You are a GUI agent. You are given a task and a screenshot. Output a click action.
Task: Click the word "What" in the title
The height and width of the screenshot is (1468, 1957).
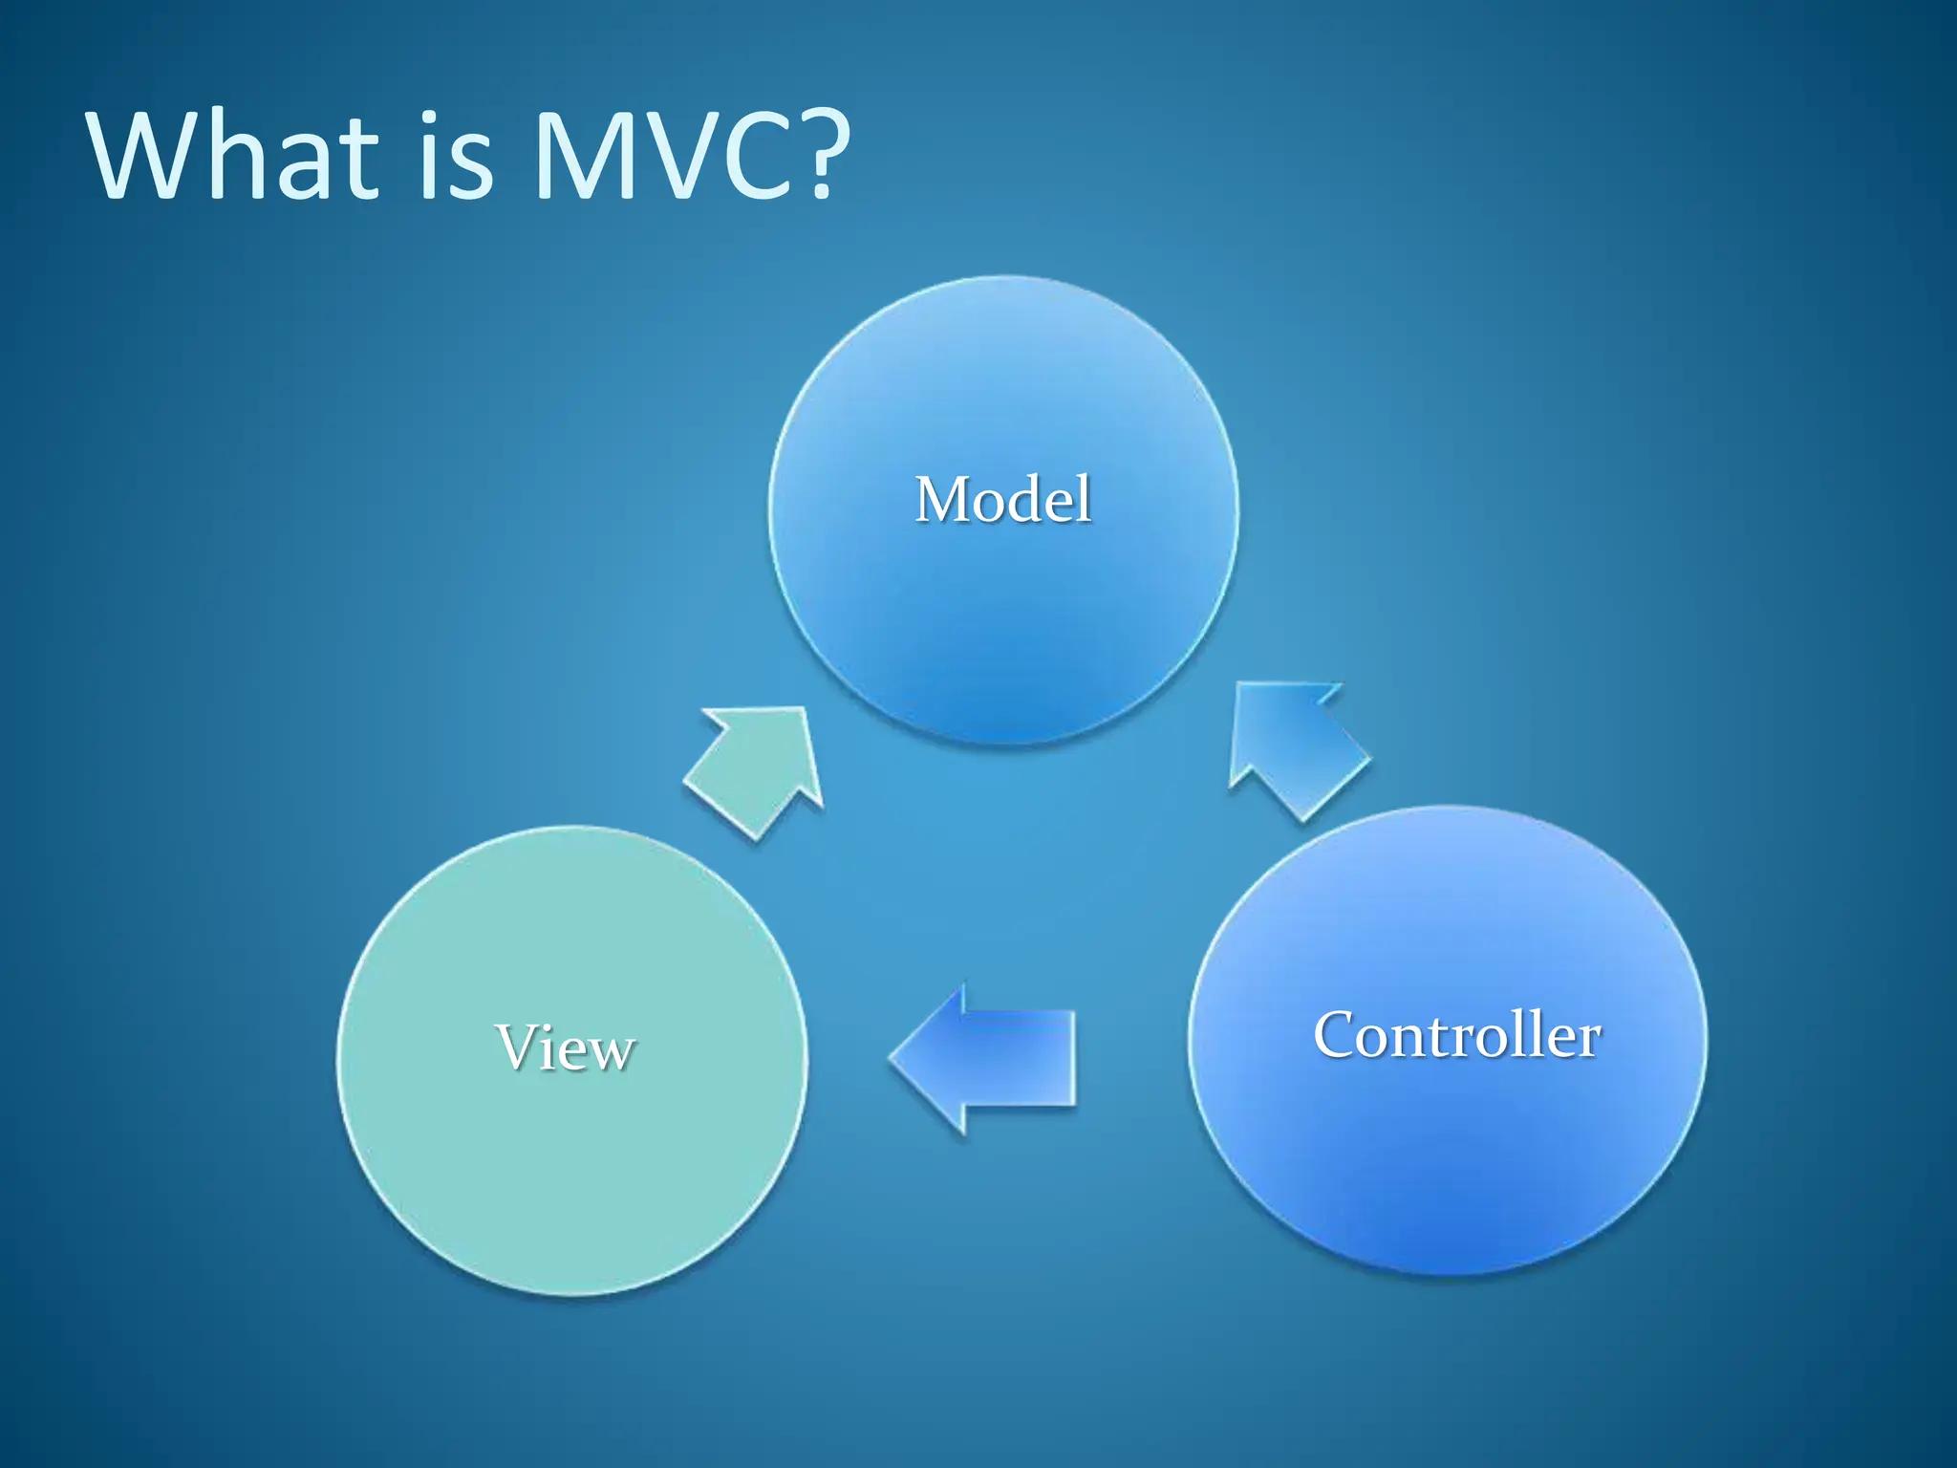[234, 155]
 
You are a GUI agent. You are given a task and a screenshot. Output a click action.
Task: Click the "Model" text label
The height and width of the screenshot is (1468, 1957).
[1002, 500]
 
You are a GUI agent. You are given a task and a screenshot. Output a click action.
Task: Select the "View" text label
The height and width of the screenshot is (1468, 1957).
[565, 1047]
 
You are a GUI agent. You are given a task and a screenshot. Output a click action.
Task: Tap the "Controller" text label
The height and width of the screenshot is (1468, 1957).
[1456, 1035]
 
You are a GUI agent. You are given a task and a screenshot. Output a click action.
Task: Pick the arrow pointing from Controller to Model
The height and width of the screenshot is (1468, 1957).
[1295, 748]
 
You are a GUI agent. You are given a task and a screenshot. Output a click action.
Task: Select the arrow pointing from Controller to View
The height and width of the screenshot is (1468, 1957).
[989, 1058]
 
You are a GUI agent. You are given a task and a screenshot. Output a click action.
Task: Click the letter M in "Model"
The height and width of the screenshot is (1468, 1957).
[944, 500]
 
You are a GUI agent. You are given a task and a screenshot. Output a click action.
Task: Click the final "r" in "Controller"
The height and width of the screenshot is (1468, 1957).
[1589, 1039]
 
